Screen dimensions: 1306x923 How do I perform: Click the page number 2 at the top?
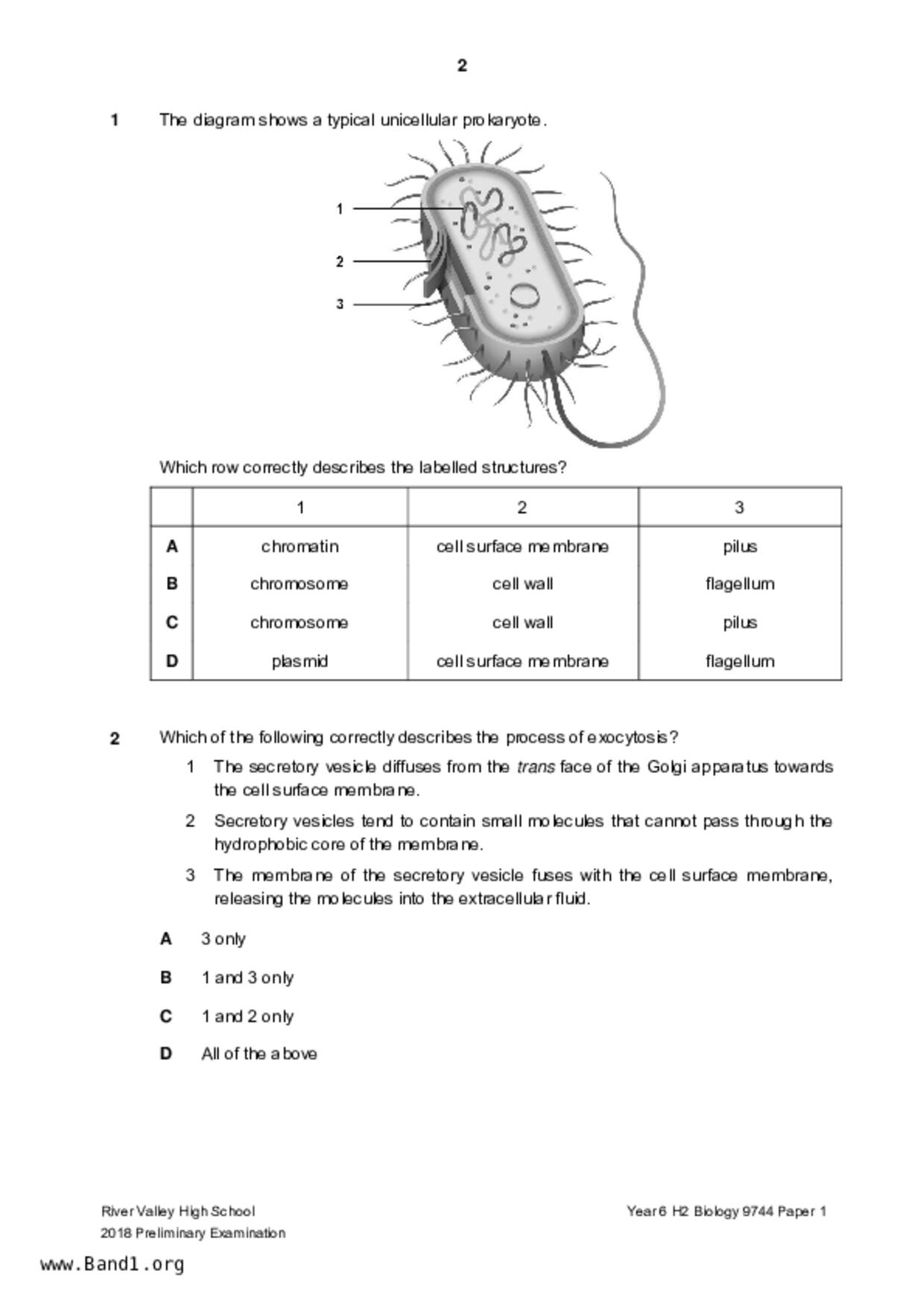tap(462, 66)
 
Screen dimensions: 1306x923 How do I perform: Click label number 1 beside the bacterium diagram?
tap(340, 209)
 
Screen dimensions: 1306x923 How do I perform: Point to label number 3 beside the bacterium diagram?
tap(340, 304)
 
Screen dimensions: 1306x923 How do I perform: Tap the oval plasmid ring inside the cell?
tap(525, 296)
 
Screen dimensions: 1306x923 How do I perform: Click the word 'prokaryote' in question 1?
tap(504, 120)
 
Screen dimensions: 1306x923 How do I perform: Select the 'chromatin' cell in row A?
tap(299, 547)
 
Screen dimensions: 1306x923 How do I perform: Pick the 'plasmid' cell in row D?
tap(299, 661)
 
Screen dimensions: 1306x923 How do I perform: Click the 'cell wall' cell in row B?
tap(522, 584)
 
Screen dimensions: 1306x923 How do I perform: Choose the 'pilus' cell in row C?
tap(740, 622)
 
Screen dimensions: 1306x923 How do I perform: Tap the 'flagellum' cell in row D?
tap(740, 661)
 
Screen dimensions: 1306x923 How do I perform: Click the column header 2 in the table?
tap(522, 508)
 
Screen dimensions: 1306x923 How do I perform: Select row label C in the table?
tap(172, 622)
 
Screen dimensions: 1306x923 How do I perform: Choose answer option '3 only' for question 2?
tap(223, 939)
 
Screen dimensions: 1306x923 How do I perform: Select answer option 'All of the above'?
tap(258, 1054)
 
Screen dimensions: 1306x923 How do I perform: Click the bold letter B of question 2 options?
tap(166, 978)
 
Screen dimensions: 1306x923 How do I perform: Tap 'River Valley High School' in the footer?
tap(178, 1211)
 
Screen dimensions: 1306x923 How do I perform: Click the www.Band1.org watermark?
tap(112, 1264)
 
